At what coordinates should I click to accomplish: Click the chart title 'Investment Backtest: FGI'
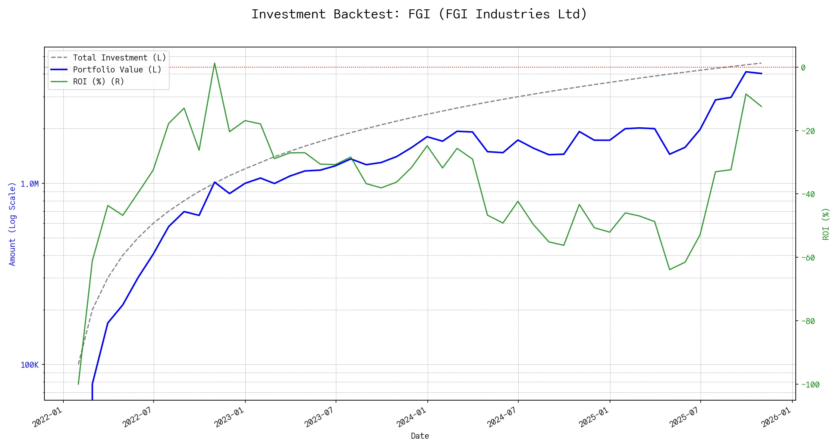click(x=419, y=14)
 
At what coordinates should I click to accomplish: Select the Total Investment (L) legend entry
click(x=119, y=58)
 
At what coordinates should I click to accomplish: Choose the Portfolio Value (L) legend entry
click(x=117, y=70)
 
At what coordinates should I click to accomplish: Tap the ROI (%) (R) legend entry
click(x=98, y=82)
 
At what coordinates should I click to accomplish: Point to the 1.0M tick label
click(x=29, y=184)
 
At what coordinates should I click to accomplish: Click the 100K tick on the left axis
click(x=29, y=365)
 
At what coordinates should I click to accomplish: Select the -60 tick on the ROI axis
click(x=808, y=258)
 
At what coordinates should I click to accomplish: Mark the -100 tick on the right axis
click(x=810, y=385)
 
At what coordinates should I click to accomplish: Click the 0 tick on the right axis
click(x=803, y=68)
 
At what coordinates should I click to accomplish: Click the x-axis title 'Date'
click(x=420, y=436)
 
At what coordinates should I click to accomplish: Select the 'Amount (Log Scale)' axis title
click(x=12, y=224)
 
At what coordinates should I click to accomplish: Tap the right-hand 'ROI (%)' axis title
click(x=826, y=224)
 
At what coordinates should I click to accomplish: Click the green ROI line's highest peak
click(x=214, y=63)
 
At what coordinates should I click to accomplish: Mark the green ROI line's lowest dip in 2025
click(x=670, y=270)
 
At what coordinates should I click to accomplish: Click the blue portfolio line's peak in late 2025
click(x=746, y=72)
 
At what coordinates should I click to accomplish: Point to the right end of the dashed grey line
click(x=761, y=63)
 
